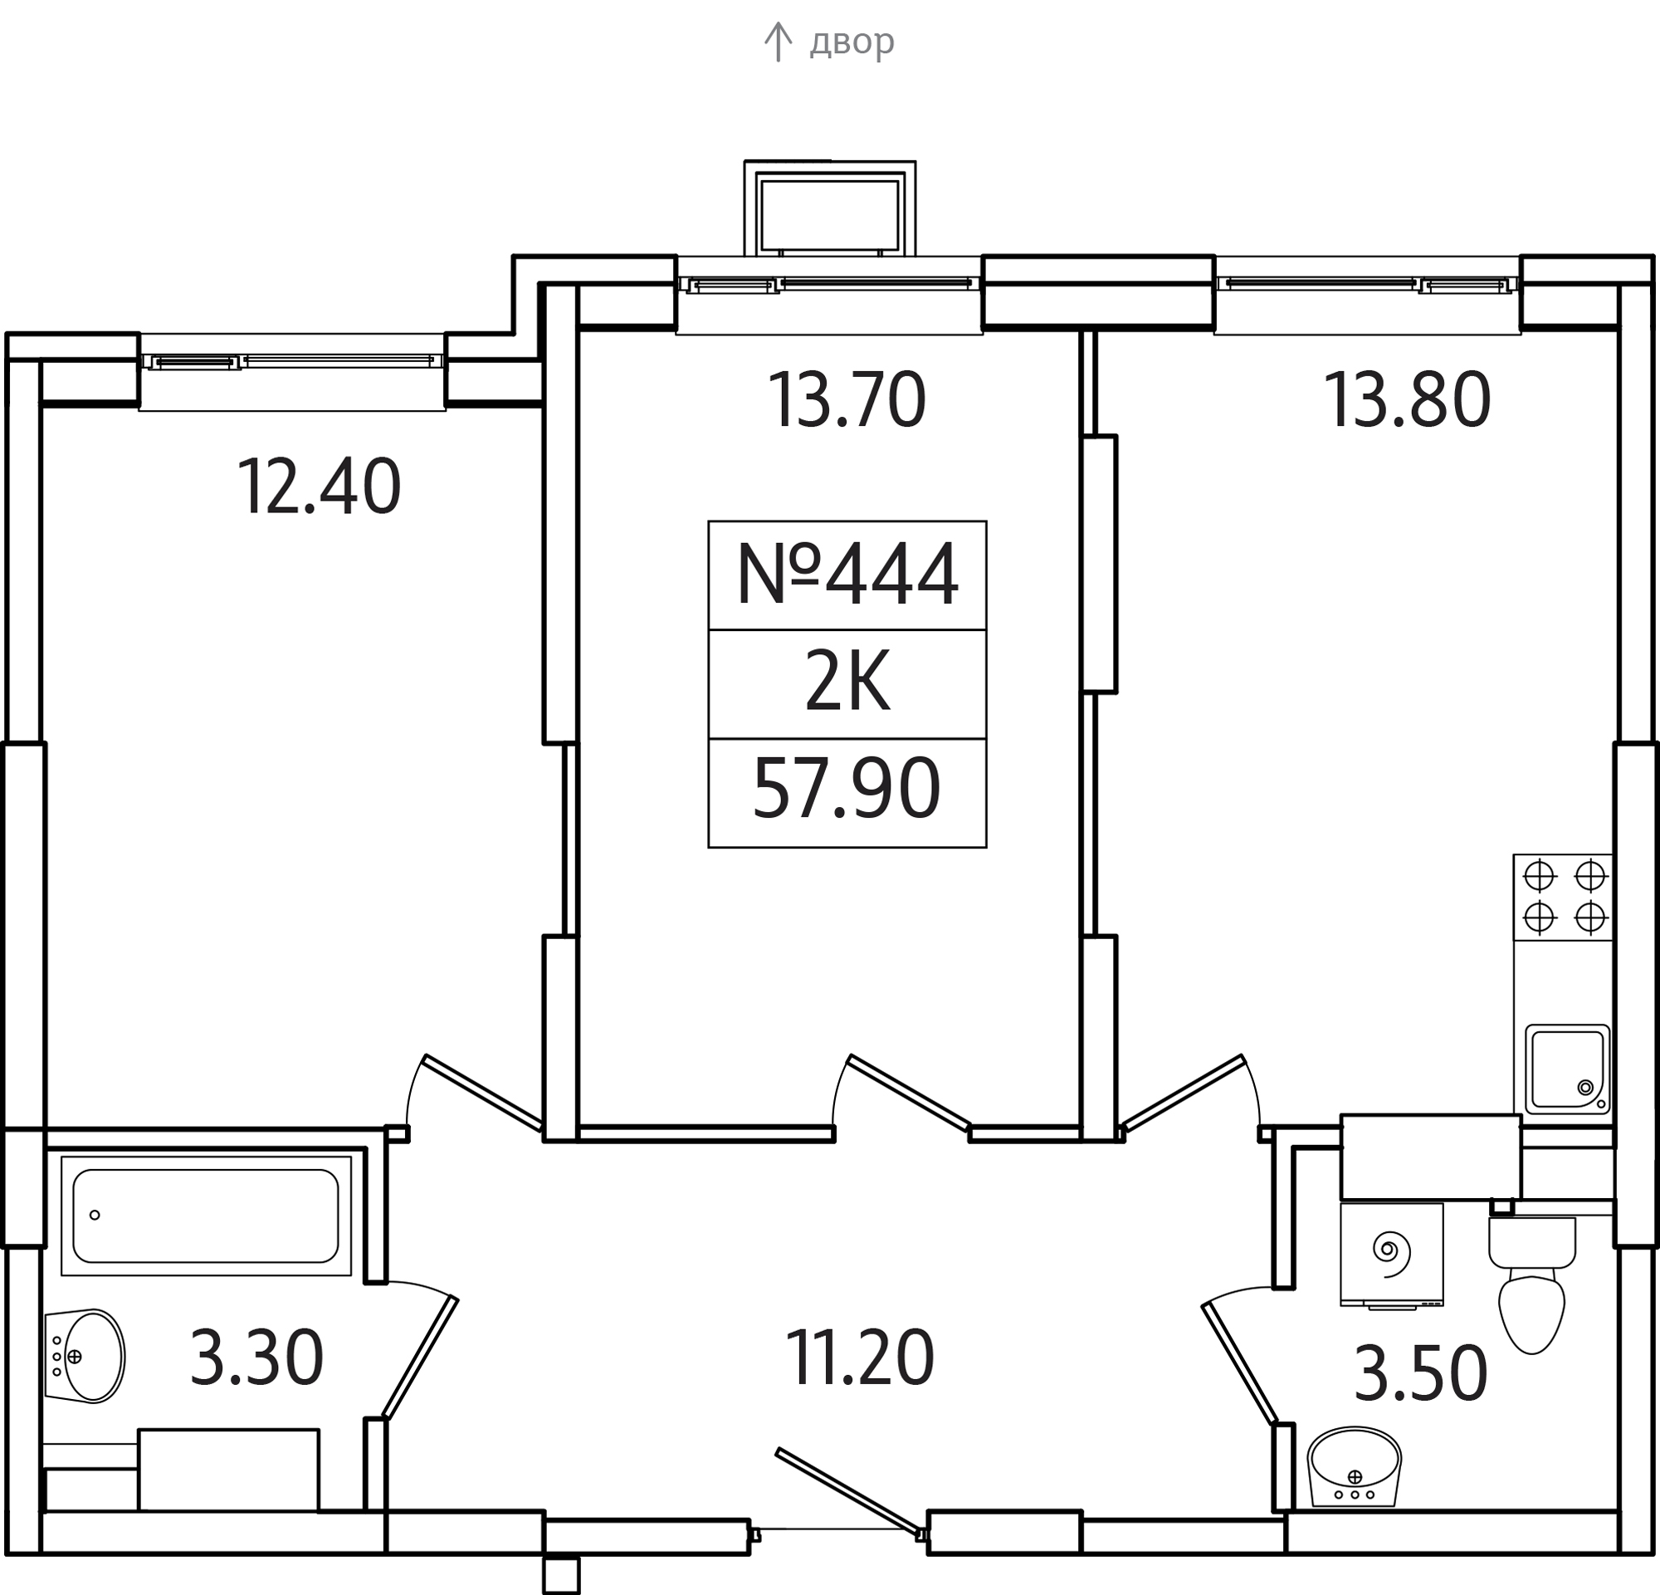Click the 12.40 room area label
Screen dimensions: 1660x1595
tap(319, 487)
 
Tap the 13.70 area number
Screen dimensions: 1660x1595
tap(847, 401)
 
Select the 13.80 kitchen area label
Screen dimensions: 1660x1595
tap(1407, 401)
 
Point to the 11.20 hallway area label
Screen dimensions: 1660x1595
tap(860, 1358)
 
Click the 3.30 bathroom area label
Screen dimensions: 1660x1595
tap(256, 1358)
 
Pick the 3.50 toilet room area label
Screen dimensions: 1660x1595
tap(1420, 1373)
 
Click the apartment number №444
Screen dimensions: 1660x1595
tap(847, 575)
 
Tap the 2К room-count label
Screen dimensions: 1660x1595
tap(847, 683)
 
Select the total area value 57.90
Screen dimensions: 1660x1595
tap(847, 790)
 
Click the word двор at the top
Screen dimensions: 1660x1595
tap(852, 41)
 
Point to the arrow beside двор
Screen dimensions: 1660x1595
tap(778, 42)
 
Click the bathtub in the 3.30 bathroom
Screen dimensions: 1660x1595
tap(206, 1216)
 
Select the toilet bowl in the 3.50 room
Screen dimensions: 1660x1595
tap(1532, 1284)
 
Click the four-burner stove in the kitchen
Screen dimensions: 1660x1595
tap(1564, 898)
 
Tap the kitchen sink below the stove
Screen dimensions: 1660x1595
tap(1568, 1069)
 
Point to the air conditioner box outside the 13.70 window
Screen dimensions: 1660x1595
tap(830, 208)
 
